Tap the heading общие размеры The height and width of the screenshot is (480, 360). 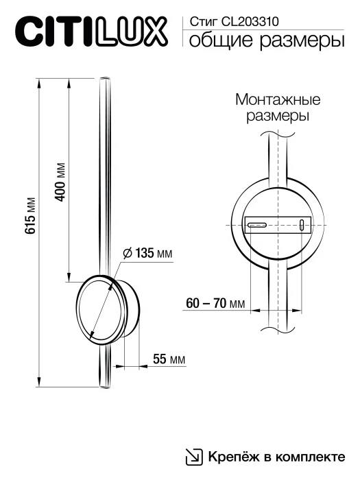pos(266,42)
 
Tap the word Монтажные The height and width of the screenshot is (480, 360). pos(278,99)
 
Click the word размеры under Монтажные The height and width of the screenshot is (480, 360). pos(278,116)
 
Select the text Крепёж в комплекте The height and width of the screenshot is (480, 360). pos(276,457)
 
